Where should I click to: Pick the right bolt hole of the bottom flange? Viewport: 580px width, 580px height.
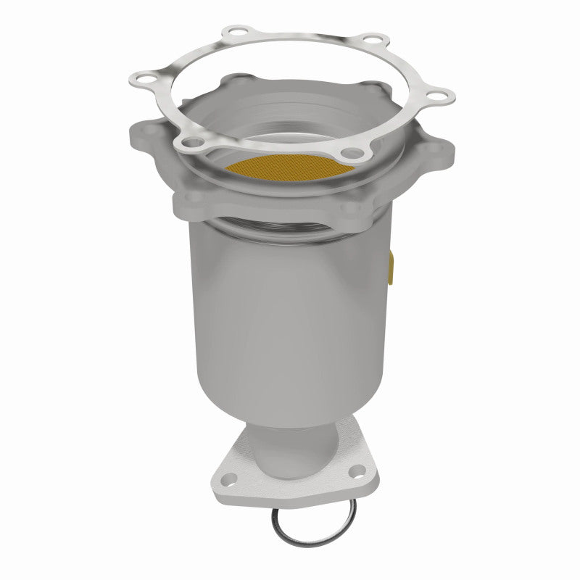tap(355, 473)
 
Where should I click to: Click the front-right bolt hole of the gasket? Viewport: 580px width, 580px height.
tap(353, 152)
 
